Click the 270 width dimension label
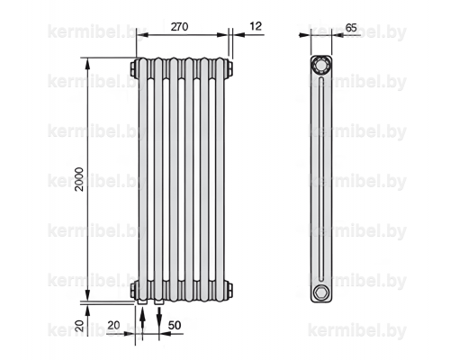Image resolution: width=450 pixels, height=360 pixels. coord(179,27)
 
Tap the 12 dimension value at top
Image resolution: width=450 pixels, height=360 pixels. coord(256,26)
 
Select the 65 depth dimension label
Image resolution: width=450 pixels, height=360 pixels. coord(351,28)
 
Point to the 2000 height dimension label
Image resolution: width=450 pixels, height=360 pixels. coord(79,179)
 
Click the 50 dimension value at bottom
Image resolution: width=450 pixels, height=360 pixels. coord(175,325)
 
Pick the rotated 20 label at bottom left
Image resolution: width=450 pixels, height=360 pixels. coord(79,326)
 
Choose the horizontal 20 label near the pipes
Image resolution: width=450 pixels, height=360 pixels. coord(113,325)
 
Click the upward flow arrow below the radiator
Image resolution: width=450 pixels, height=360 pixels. coord(142,319)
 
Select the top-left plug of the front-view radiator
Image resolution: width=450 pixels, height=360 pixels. coord(133,68)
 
